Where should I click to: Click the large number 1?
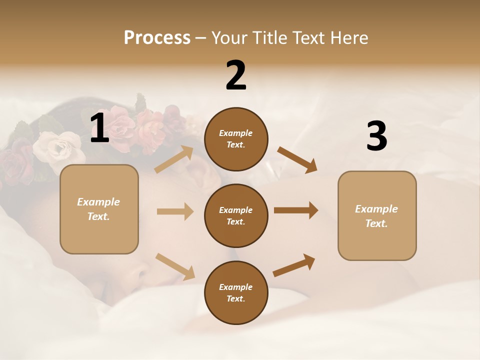99,128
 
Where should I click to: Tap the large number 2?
236,75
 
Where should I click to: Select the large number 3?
376,136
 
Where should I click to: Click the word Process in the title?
157,37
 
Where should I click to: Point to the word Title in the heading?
269,37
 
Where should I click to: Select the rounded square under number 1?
99,209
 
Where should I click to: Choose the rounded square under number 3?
377,215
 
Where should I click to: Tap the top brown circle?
236,139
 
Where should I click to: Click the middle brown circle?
236,215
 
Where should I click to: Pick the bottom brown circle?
236,292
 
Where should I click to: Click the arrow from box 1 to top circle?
174,159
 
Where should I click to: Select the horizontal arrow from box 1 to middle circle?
175,211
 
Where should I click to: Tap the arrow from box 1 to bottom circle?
175,266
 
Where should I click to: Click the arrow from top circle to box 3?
297,160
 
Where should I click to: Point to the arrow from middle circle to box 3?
295,210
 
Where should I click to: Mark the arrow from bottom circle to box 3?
294,265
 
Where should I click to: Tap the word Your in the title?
228,37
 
